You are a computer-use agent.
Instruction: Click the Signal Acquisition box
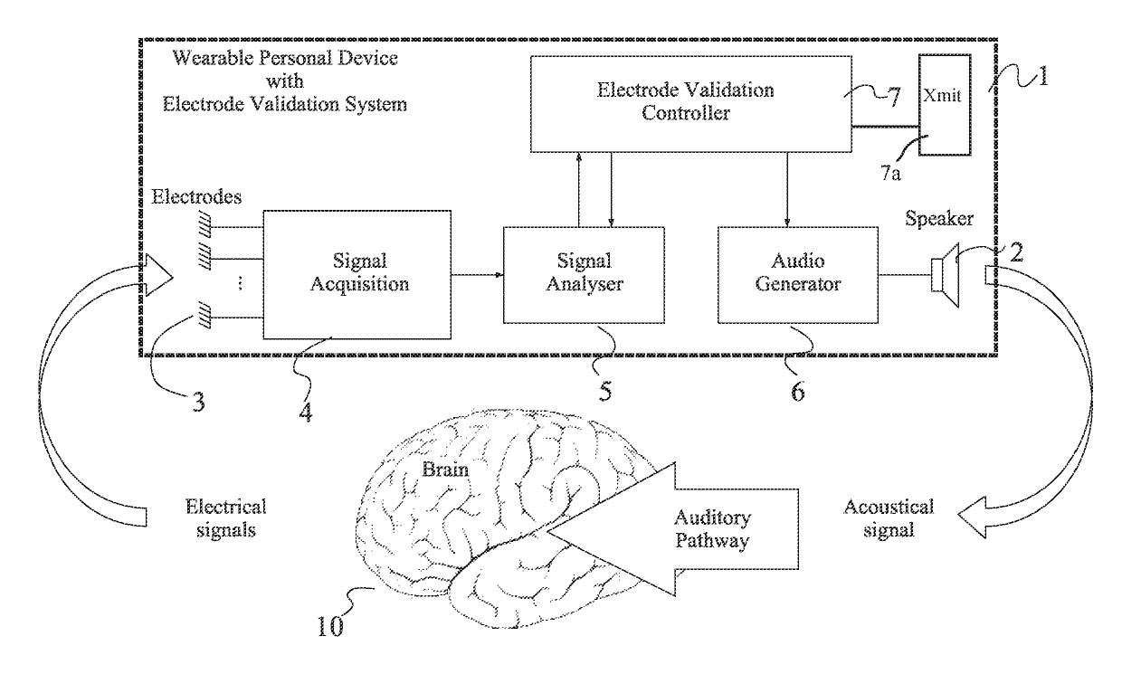(x=357, y=274)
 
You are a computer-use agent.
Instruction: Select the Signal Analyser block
(x=584, y=275)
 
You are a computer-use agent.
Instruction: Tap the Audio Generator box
(x=798, y=275)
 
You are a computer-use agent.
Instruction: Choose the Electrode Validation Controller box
(x=691, y=104)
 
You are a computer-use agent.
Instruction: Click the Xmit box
(x=945, y=105)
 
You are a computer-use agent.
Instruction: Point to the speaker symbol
(x=946, y=275)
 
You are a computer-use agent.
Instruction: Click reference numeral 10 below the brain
(x=330, y=626)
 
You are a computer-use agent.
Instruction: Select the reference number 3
(x=199, y=402)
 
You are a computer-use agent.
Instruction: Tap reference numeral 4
(x=306, y=413)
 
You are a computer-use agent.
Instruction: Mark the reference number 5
(x=605, y=391)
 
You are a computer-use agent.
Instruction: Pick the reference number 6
(x=797, y=391)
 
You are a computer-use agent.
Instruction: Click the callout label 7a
(x=890, y=174)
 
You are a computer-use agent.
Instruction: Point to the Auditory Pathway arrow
(x=672, y=529)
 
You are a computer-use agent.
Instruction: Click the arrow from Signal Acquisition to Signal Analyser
(x=478, y=274)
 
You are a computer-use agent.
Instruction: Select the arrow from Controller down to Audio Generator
(x=787, y=190)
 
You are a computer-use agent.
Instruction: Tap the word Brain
(x=445, y=470)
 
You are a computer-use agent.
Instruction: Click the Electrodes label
(x=196, y=197)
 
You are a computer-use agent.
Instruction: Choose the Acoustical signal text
(x=889, y=518)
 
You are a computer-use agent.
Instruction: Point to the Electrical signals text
(x=226, y=518)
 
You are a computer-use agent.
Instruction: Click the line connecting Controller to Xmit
(x=885, y=127)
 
